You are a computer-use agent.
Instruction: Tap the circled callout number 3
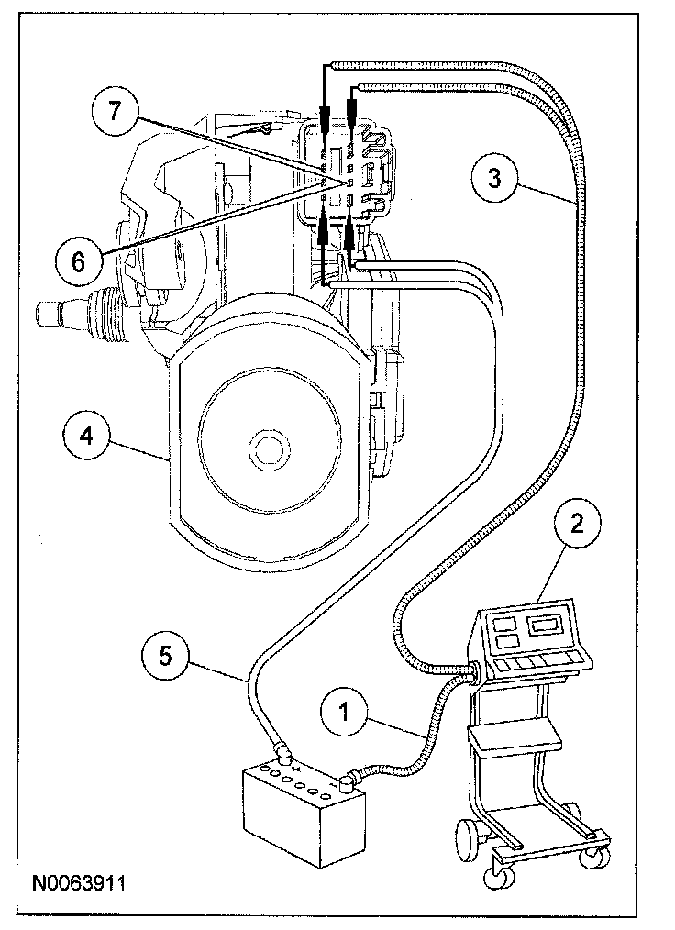click(495, 178)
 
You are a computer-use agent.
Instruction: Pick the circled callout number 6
click(77, 260)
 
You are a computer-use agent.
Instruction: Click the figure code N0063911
click(78, 885)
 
